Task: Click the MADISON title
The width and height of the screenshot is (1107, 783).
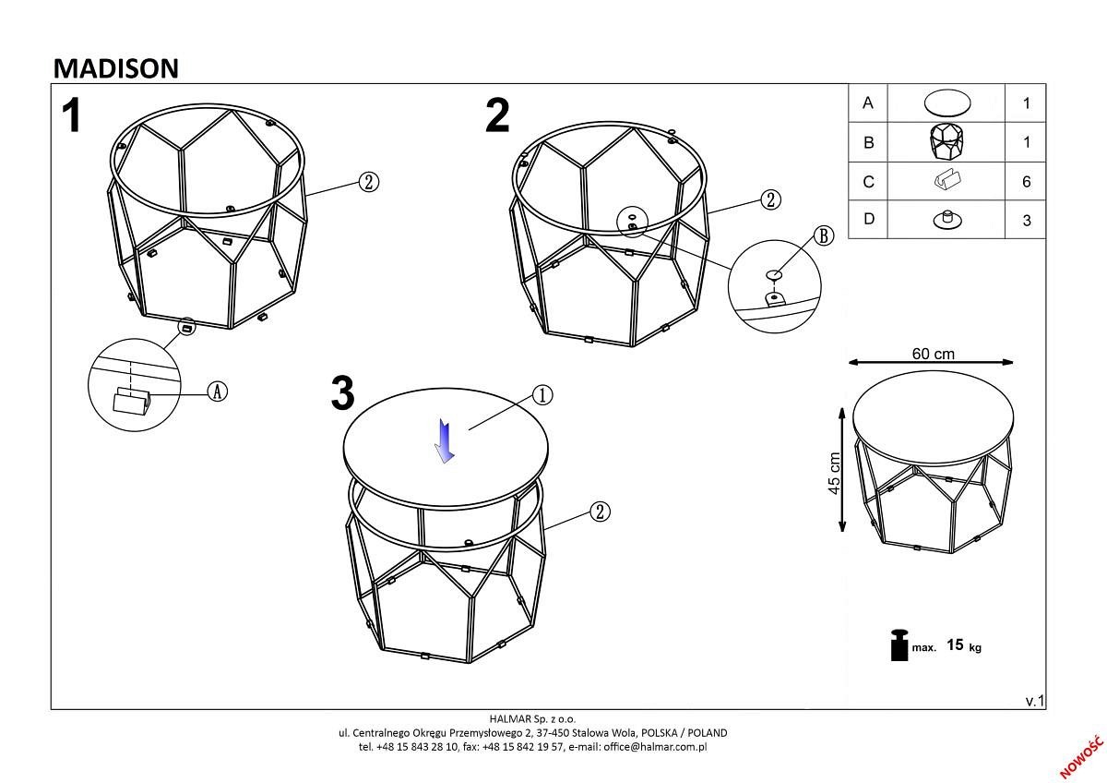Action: (115, 68)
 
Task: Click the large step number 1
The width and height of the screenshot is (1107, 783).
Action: (72, 115)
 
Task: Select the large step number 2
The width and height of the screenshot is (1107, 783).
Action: (497, 115)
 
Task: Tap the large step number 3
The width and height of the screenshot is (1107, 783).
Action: (343, 392)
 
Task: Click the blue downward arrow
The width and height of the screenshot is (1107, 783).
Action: (445, 440)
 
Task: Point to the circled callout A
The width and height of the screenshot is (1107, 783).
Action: (217, 391)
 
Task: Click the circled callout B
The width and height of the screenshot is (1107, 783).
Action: (823, 236)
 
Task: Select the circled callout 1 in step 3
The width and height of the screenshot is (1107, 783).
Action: (542, 395)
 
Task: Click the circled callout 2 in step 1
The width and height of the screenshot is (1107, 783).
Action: (369, 182)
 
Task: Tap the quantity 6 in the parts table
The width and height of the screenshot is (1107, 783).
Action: (1027, 182)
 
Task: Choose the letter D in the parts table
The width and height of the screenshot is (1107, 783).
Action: (868, 219)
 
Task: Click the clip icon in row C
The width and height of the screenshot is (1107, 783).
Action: (947, 180)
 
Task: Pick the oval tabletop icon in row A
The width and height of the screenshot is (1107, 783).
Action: (946, 103)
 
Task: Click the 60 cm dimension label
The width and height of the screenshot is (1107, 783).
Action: (933, 354)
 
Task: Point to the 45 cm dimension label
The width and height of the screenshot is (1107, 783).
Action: (834, 473)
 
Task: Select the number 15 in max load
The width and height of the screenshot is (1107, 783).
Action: (955, 644)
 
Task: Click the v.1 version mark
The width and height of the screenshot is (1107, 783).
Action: (1034, 701)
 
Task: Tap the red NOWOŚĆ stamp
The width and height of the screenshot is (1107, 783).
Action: (1081, 758)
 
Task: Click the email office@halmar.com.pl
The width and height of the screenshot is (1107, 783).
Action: (655, 747)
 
